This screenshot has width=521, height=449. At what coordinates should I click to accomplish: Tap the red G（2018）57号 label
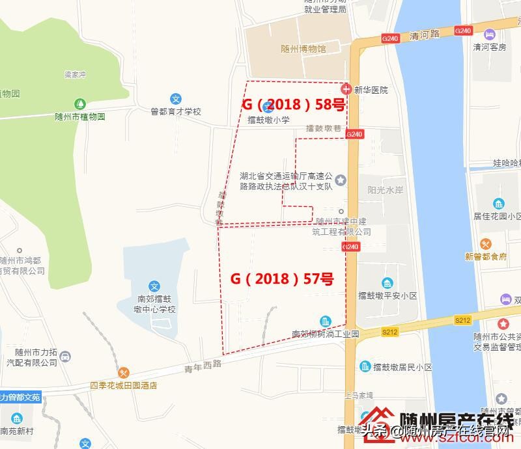(282, 279)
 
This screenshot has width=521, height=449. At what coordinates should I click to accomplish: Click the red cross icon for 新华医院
(346, 88)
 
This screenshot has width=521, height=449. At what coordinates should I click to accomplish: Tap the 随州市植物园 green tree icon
(79, 103)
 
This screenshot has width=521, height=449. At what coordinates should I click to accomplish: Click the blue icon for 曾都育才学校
(176, 99)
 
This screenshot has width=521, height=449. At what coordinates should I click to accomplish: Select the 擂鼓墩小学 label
(268, 120)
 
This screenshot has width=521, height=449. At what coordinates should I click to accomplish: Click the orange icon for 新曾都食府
(486, 244)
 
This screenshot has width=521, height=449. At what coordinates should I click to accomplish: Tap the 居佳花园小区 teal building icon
(499, 203)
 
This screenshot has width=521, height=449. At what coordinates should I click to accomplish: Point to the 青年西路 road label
(203, 364)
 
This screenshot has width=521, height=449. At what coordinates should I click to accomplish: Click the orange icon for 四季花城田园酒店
(124, 373)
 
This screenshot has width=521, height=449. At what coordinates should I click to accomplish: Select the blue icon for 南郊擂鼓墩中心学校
(154, 286)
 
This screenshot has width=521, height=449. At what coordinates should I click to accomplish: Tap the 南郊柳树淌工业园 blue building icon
(324, 321)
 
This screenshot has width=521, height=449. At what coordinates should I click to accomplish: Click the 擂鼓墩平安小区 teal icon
(387, 282)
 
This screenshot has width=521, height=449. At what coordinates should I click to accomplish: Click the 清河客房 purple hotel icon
(489, 33)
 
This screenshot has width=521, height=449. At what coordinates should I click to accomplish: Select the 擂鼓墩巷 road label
(324, 128)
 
